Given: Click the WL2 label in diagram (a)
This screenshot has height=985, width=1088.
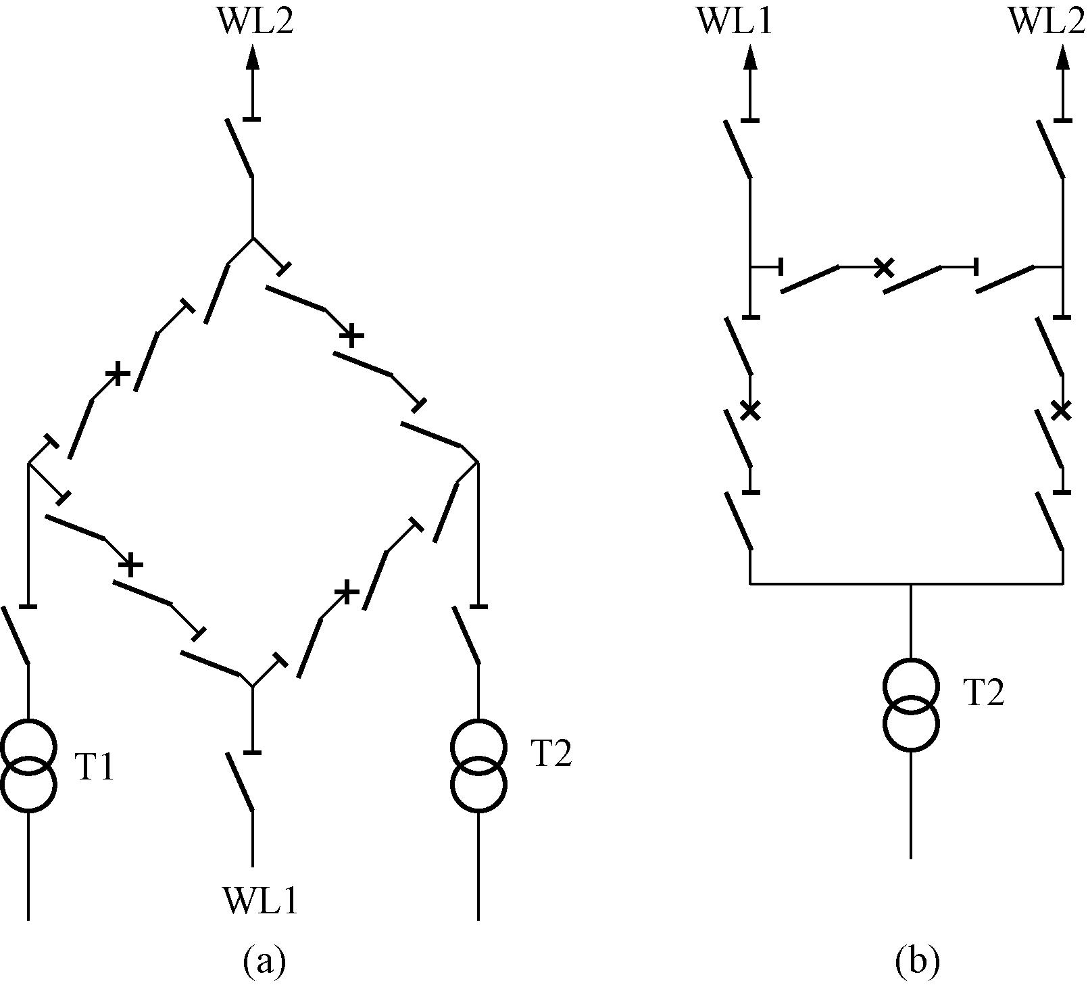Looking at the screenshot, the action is click(x=255, y=22).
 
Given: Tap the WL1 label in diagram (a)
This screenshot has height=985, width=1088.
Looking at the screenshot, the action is click(x=259, y=900).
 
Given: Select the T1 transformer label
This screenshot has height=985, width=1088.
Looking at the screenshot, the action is click(x=95, y=769).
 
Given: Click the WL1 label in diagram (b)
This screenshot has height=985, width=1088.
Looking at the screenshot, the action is click(x=734, y=22).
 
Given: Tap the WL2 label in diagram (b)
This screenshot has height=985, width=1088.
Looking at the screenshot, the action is click(x=1046, y=22).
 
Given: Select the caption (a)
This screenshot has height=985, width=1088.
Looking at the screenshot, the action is click(x=264, y=961).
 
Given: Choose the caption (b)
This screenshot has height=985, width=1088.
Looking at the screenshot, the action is click(x=917, y=961).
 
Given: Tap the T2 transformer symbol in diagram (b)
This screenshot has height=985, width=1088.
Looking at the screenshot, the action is click(x=911, y=704).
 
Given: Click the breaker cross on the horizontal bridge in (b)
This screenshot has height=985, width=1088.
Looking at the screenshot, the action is click(x=883, y=268).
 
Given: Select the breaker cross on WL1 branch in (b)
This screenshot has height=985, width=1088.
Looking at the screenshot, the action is click(x=750, y=410).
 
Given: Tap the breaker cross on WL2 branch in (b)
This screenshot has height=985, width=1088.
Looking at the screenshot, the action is click(x=1062, y=410).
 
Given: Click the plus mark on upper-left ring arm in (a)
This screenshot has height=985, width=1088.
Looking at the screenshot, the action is click(x=118, y=374).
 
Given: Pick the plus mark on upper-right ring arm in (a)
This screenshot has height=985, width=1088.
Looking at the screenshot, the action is click(x=351, y=335).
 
